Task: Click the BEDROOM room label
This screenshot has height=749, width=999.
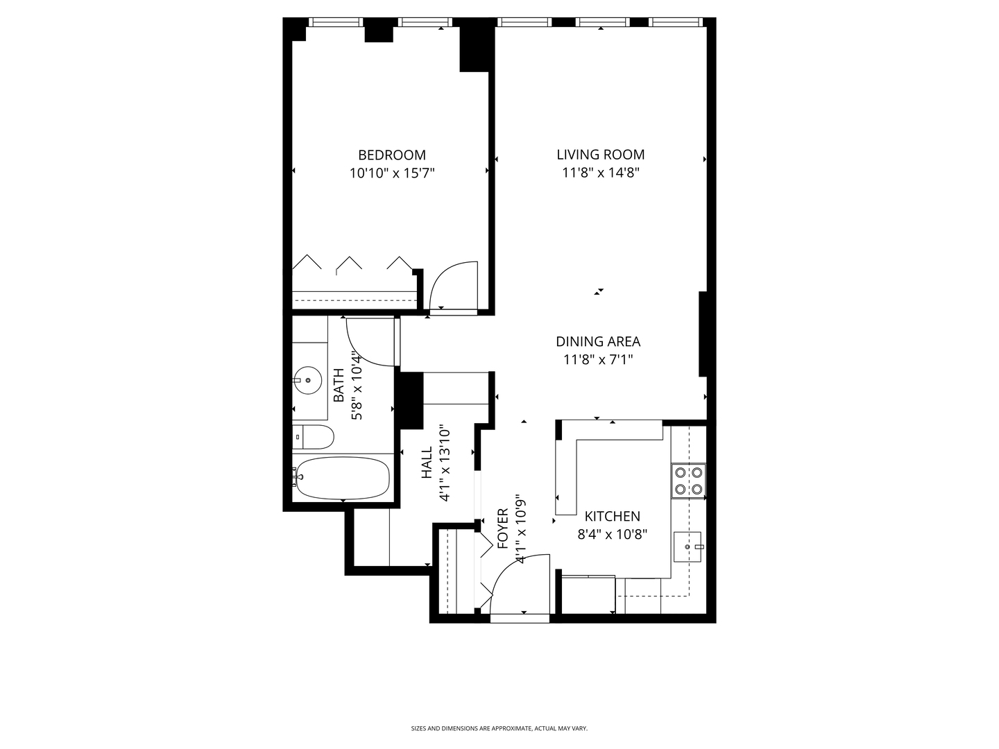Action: pyautogui.click(x=392, y=155)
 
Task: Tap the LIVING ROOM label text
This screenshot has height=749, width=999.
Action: pyautogui.click(x=600, y=155)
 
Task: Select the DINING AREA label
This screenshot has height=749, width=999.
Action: pyautogui.click(x=597, y=341)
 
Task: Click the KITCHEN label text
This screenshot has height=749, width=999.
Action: pyautogui.click(x=612, y=516)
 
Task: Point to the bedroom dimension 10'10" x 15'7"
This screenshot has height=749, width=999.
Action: pyautogui.click(x=392, y=173)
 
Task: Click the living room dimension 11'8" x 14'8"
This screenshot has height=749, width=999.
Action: pyautogui.click(x=600, y=173)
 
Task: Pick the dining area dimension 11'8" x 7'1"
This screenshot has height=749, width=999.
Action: pyautogui.click(x=597, y=359)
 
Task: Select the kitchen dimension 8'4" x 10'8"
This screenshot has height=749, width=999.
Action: pyautogui.click(x=612, y=535)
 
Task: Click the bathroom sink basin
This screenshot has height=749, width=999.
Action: pyautogui.click(x=307, y=380)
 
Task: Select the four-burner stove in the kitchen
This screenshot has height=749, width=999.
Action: pyautogui.click(x=688, y=481)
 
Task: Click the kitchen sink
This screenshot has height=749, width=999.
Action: pyautogui.click(x=688, y=547)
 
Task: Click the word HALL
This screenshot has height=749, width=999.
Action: pyautogui.click(x=427, y=462)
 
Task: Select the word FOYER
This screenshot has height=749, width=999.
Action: pyautogui.click(x=504, y=528)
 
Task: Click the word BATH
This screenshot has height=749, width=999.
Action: pyautogui.click(x=339, y=385)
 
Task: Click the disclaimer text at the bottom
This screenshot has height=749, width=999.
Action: pyautogui.click(x=499, y=728)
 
